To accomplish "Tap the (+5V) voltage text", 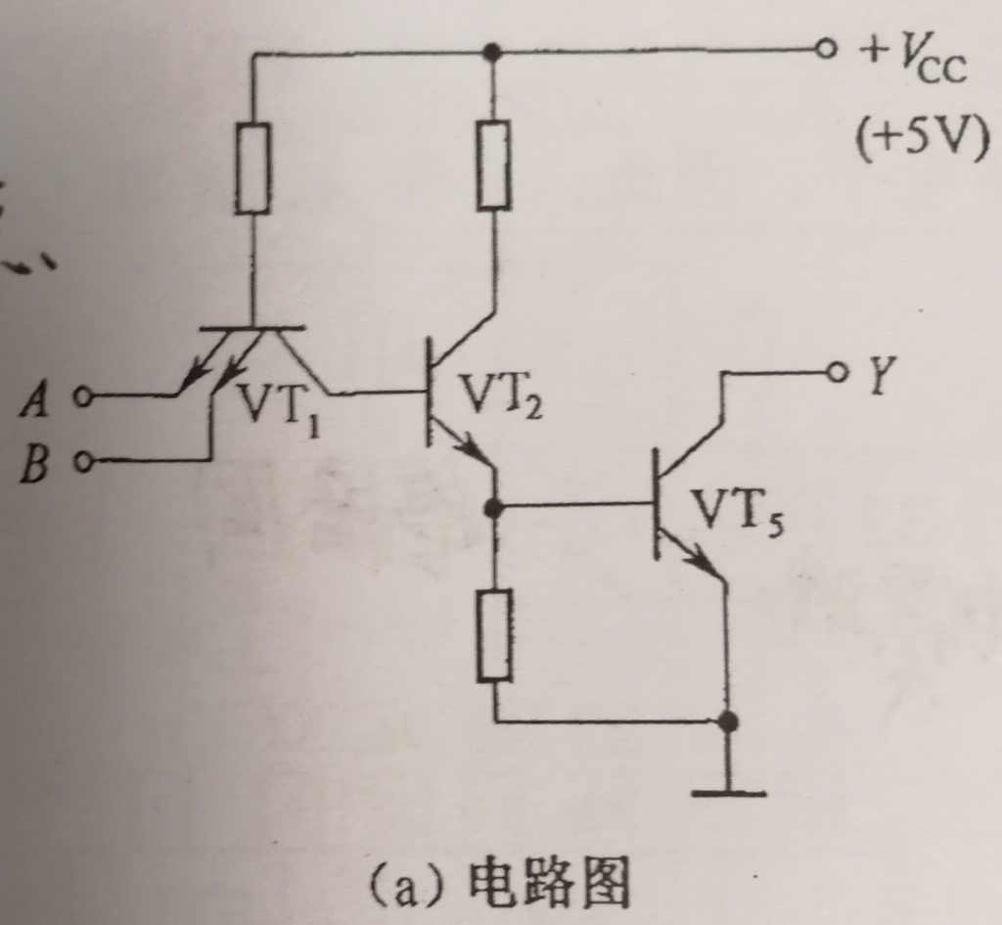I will pos(917,140).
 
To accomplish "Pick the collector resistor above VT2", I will pos(494,164).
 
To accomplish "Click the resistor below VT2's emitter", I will pos(494,634).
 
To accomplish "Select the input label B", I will pos(37,461).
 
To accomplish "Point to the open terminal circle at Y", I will pos(837,372).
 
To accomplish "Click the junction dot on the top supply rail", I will pos(494,50).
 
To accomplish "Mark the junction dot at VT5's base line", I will pos(494,507).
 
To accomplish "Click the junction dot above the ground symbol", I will pos(727,722).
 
